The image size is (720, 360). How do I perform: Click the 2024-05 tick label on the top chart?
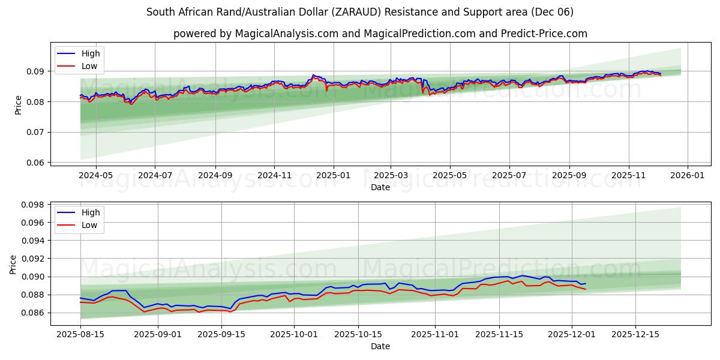pyautogui.click(x=96, y=176)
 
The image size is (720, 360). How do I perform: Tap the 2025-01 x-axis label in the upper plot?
pyautogui.click(x=332, y=176)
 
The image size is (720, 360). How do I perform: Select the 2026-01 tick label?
pyautogui.click(x=688, y=176)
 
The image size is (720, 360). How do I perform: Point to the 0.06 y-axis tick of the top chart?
pyautogui.click(x=35, y=163)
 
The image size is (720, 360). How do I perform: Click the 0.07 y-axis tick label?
pyautogui.click(x=35, y=132)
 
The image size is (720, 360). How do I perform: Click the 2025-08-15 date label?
pyautogui.click(x=80, y=334)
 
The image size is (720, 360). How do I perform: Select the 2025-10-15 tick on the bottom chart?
pyautogui.click(x=359, y=334)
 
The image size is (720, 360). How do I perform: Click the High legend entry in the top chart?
pyautogui.click(x=91, y=54)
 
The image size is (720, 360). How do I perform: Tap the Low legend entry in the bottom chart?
pyautogui.click(x=89, y=225)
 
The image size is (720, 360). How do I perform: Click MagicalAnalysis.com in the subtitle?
pyautogui.click(x=286, y=34)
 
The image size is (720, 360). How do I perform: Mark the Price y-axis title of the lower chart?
pyautogui.click(x=14, y=265)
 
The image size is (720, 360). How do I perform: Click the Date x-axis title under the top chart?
pyautogui.click(x=380, y=187)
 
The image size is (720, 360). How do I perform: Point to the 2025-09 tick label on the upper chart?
pyautogui.click(x=215, y=176)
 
